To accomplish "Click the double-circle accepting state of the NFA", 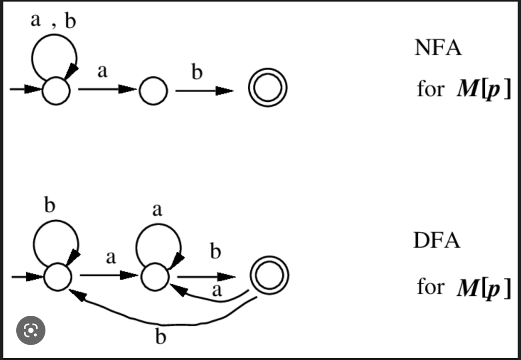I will point(268,88).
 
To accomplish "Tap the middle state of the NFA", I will point(153,91).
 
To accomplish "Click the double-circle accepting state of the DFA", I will point(269,275).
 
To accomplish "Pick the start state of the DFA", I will point(57,277).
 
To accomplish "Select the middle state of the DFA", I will point(155,277).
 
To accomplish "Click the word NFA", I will point(438,48).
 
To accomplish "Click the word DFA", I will point(437,241).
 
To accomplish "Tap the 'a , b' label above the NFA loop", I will point(53,21).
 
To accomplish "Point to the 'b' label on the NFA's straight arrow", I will point(197,72).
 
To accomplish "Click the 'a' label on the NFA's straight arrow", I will point(102,72).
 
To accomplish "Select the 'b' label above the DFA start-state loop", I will point(49,205).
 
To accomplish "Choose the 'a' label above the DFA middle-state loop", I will point(157,208).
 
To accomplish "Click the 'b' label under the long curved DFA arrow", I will point(160,337).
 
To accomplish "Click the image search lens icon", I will point(31,331).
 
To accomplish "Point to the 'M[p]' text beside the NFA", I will point(483,91).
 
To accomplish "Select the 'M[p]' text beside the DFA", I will point(483,288).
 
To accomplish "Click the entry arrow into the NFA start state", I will point(25,89).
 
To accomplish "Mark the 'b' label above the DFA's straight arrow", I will point(216,252).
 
